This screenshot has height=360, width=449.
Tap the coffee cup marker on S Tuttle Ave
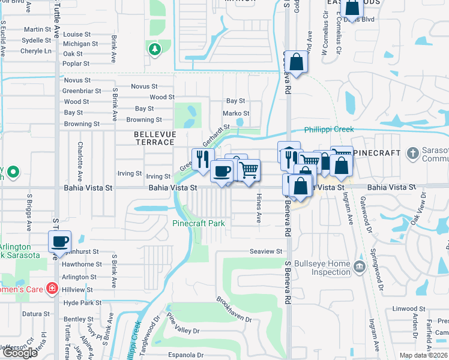tap(59, 242)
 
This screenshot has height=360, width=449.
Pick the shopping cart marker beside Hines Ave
tap(249, 170)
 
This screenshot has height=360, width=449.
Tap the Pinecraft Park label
tap(199, 223)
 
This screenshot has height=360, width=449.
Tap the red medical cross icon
tap(52, 289)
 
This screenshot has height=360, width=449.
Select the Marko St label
tap(236, 113)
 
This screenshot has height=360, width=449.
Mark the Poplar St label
tap(76, 64)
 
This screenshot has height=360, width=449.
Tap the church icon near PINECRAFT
tap(412, 153)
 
